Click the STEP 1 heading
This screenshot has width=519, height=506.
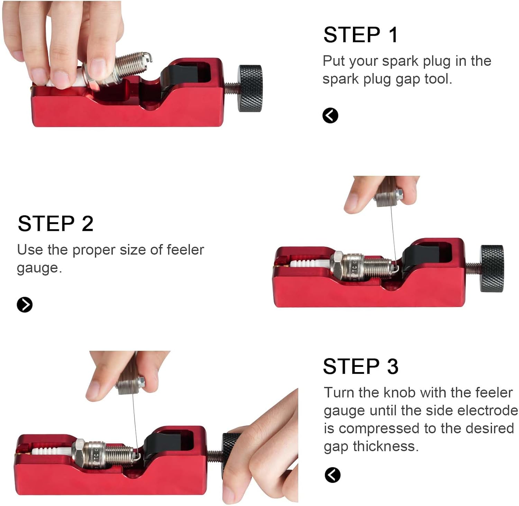(x=361, y=35)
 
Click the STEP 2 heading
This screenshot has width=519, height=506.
(x=55, y=223)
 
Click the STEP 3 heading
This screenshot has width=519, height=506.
(x=361, y=366)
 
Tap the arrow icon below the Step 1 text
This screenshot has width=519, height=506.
(x=330, y=116)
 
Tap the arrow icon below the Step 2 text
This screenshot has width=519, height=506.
(x=25, y=305)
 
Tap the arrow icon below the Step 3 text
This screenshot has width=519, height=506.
(x=333, y=475)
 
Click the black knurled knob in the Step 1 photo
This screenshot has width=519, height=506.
(x=249, y=88)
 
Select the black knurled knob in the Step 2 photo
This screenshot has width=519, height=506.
(x=492, y=268)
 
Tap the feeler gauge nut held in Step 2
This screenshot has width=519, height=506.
(x=389, y=198)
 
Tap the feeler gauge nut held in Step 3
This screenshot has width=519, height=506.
(x=131, y=386)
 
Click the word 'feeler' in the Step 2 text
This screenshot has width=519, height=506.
(x=185, y=250)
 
